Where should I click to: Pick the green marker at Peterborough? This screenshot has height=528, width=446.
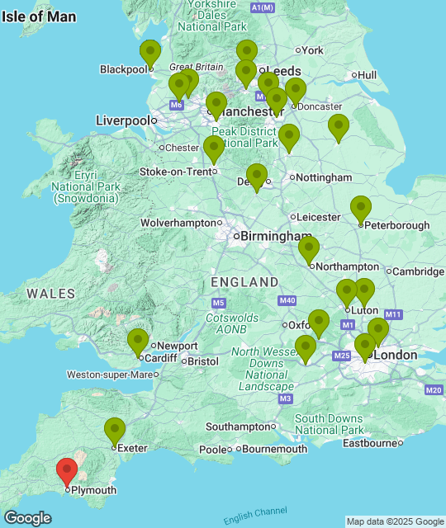[x=361, y=210]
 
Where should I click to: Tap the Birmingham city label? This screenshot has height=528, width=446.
[x=273, y=236]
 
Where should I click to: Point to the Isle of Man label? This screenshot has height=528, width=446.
[x=39, y=16]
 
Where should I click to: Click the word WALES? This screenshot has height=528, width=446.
[x=50, y=293]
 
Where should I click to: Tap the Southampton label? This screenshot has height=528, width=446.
[x=239, y=427]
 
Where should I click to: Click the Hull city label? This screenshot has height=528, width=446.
[x=368, y=75]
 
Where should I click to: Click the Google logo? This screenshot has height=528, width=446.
[x=26, y=518]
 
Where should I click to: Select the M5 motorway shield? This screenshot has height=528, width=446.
[x=206, y=304]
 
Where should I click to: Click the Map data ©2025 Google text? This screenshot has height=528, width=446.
[x=395, y=521]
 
